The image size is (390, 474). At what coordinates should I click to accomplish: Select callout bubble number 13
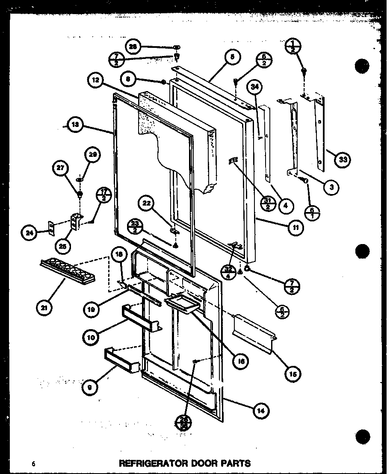click(76, 126)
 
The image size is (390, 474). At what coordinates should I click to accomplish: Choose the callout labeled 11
click(295, 228)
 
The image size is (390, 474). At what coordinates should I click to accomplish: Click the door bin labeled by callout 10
click(141, 319)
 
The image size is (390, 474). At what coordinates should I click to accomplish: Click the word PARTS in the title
click(235, 463)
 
